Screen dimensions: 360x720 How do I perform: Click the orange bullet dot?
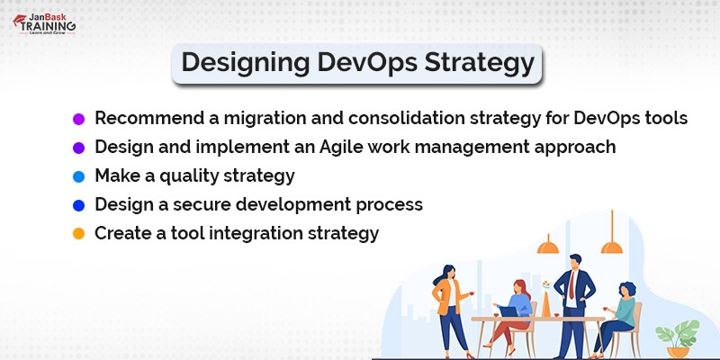(x=78, y=234)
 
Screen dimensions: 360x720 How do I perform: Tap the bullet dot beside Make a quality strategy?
(x=78, y=176)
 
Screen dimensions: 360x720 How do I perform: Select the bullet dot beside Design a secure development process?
(x=78, y=205)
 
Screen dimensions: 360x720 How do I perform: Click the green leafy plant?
(x=679, y=336)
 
